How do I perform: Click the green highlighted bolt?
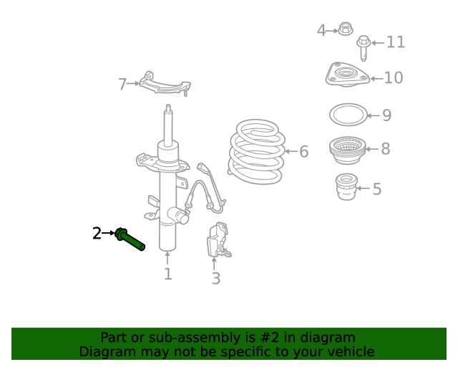[x=130, y=239]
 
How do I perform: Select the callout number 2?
[x=97, y=233]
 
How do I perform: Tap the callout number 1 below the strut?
[x=167, y=274]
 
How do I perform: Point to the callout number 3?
[x=215, y=278]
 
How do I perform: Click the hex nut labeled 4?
[x=346, y=29]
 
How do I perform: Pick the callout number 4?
[x=321, y=30]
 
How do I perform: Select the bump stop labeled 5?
[x=346, y=186]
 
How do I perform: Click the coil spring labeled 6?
[x=256, y=151]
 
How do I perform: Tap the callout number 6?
[x=303, y=151]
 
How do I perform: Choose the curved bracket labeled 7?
[x=165, y=85]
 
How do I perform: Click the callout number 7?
[x=122, y=85]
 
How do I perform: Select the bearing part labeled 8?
[x=347, y=151]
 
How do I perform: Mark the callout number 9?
[x=386, y=115]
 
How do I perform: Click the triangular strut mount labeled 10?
[x=347, y=75]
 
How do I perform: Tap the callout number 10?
[x=394, y=78]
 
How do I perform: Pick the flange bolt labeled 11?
[x=364, y=48]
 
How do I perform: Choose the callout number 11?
[x=396, y=42]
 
